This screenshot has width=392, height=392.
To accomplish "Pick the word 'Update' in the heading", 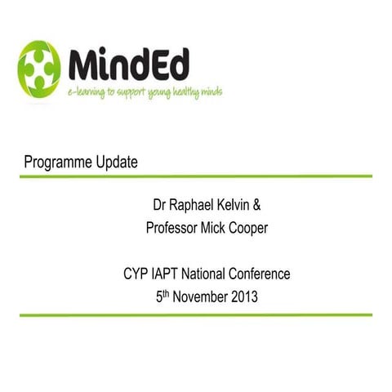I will coord(116,162).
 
